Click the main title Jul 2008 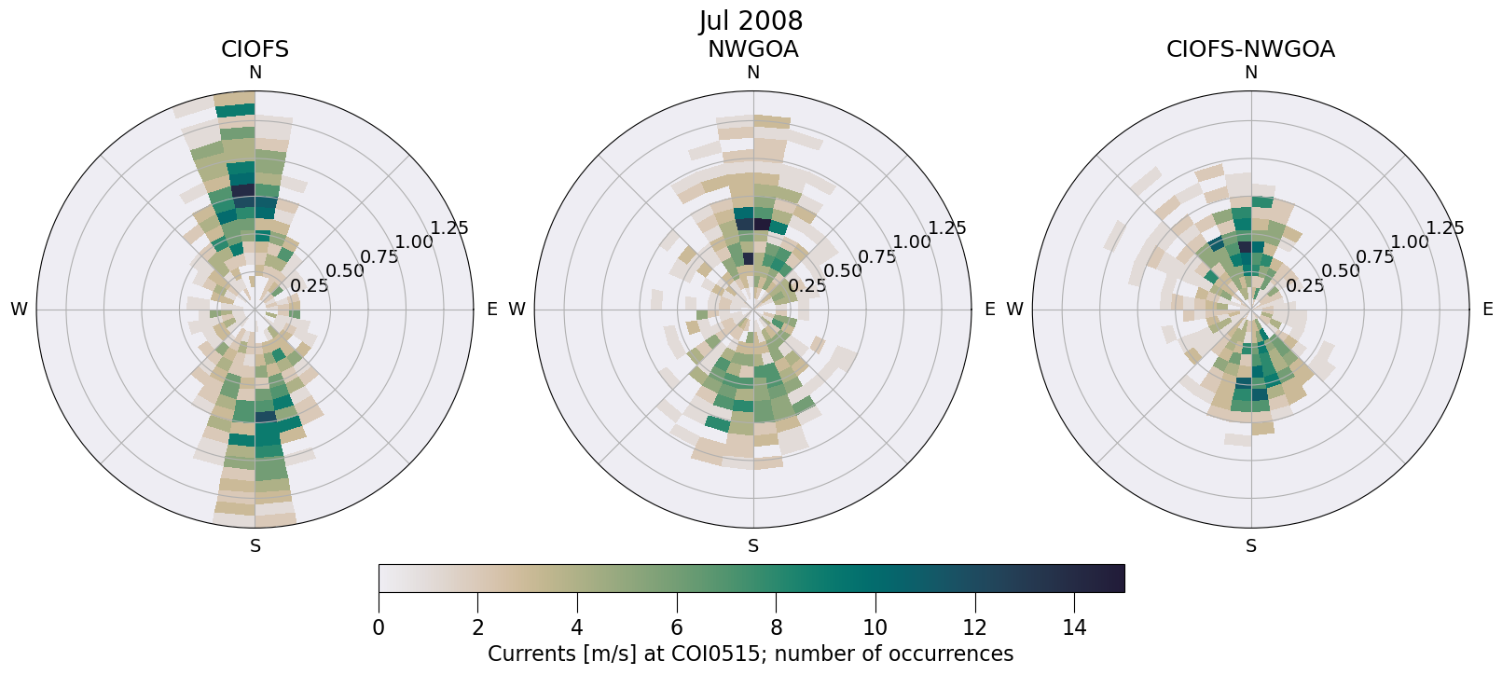pyautogui.click(x=751, y=21)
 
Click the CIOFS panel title pyautogui.click(x=255, y=49)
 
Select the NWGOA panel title pyautogui.click(x=752, y=49)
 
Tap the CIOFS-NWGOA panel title pyautogui.click(x=1250, y=49)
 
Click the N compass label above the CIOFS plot pyautogui.click(x=255, y=73)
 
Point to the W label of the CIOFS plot pyautogui.click(x=19, y=310)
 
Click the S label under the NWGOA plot pyautogui.click(x=752, y=546)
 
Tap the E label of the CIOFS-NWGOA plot pyautogui.click(x=1487, y=310)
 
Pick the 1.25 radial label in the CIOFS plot pyautogui.click(x=449, y=228)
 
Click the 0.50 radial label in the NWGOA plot pyautogui.click(x=842, y=271)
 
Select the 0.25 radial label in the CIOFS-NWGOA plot pyautogui.click(x=1304, y=286)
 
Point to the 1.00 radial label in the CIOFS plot pyautogui.click(x=414, y=242)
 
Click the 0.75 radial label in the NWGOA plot pyautogui.click(x=876, y=257)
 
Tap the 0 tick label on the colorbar pyautogui.click(x=379, y=627)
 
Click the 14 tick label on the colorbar pyautogui.click(x=1074, y=627)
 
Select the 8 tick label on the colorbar pyautogui.click(x=776, y=627)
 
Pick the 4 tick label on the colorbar pyautogui.click(x=577, y=627)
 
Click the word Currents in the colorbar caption pyautogui.click(x=530, y=654)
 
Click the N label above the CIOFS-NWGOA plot pyautogui.click(x=1250, y=73)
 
